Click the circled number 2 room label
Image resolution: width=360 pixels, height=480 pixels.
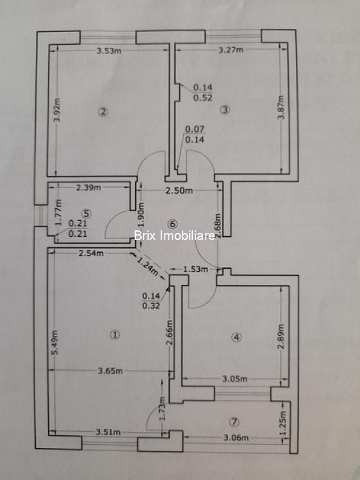(x=103, y=112)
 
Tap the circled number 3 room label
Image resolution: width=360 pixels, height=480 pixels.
(x=225, y=109)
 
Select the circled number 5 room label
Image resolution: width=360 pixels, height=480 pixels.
(x=86, y=213)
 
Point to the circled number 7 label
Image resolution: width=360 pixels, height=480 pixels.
(x=234, y=422)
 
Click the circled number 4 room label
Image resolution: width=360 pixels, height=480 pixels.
(x=236, y=337)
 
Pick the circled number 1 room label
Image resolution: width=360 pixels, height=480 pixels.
(x=115, y=335)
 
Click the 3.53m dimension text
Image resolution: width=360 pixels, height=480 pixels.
(x=109, y=51)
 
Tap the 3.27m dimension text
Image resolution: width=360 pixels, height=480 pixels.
(x=231, y=49)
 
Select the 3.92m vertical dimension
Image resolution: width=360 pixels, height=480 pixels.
(x=57, y=110)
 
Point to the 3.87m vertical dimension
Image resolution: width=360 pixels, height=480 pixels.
(x=282, y=108)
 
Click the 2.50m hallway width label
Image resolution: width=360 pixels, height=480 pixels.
(x=179, y=191)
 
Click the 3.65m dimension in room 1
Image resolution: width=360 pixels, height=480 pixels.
(x=110, y=371)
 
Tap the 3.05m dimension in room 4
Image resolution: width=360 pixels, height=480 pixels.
(x=234, y=379)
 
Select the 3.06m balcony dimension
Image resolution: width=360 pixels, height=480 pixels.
(x=236, y=438)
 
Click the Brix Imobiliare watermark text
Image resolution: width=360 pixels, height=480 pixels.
(x=175, y=236)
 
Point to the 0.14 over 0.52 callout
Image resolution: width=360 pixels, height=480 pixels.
(x=203, y=93)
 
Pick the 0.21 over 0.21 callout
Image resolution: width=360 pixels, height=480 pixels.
(x=78, y=228)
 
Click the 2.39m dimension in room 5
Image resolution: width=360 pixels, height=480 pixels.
(x=88, y=188)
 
